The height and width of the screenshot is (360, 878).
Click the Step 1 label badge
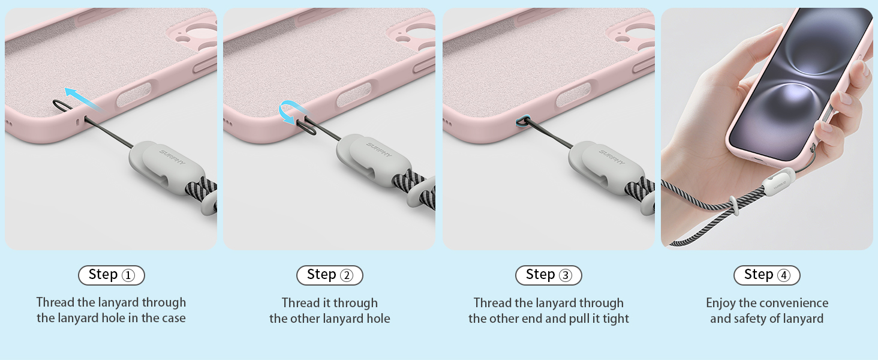(x=112, y=275)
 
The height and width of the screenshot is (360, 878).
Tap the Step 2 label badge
(x=330, y=275)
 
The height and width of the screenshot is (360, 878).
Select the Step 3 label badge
(x=548, y=275)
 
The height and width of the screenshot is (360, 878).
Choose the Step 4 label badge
(x=766, y=275)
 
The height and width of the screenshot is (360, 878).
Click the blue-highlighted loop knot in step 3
(x=522, y=122)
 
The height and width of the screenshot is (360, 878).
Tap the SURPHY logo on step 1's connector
(x=173, y=157)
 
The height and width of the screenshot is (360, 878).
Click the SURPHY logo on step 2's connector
(x=379, y=150)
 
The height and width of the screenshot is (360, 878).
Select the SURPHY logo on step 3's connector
(x=612, y=157)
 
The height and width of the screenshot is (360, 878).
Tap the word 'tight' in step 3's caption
(x=617, y=319)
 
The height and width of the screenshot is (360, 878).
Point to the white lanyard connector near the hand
(x=778, y=183)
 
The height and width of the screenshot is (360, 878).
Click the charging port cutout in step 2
(x=354, y=95)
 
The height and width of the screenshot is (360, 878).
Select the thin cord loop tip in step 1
(x=55, y=103)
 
